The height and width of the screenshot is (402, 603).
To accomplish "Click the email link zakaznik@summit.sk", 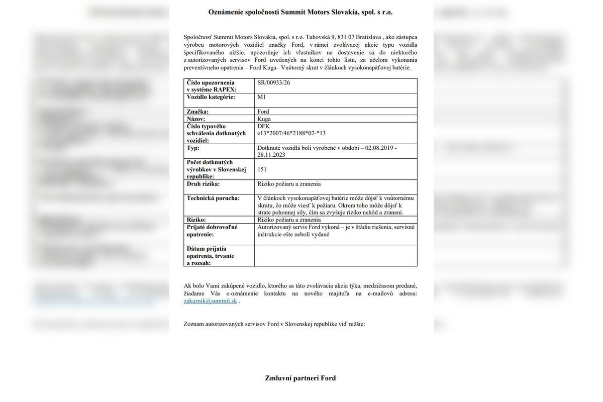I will [210, 301].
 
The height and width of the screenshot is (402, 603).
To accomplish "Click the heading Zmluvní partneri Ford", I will [300, 378].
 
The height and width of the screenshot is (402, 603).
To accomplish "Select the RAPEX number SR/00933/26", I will [273, 82].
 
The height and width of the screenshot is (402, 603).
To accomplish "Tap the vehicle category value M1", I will [261, 97].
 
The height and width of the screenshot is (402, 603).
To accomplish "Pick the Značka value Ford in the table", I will [263, 112].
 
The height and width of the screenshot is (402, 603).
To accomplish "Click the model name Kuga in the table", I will [264, 119].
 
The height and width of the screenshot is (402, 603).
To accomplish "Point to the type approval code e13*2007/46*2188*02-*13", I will [291, 133].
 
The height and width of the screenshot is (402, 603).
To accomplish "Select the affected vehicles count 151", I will [262, 170].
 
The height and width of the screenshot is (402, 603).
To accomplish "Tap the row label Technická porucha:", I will [213, 198].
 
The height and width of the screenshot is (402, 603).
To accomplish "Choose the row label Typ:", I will [193, 148].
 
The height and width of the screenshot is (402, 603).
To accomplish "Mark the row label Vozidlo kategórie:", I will [211, 97].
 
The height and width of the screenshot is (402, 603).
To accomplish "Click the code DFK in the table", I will [263, 126].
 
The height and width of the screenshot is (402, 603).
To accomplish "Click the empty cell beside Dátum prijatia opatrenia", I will [335, 255].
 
